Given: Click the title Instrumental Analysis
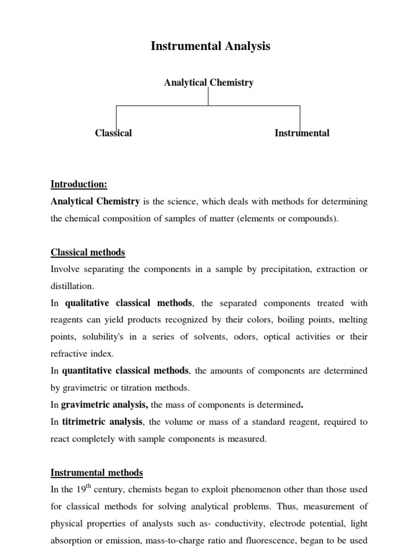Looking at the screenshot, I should coord(210,47).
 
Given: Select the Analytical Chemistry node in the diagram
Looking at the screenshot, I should coord(209,83).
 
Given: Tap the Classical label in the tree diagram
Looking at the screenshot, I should coord(113,133).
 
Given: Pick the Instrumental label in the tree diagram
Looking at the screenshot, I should coord(302,133).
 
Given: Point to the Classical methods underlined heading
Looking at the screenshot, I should coord(88,252).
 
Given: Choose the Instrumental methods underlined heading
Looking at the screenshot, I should coord(96,473).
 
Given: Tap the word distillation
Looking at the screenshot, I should coord(72,286).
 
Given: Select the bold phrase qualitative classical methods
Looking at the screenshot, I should coord(128,302).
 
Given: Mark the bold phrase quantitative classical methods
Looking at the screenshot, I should coord(125,370).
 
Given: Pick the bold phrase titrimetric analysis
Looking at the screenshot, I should coord(102,422).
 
